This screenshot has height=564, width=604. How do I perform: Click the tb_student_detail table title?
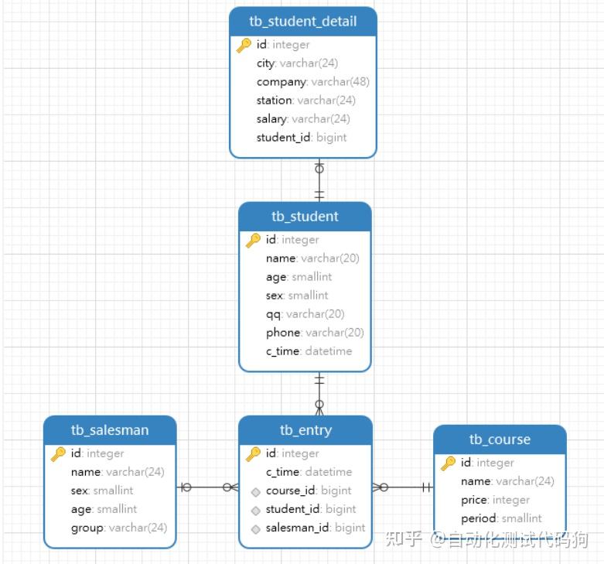pos(302,21)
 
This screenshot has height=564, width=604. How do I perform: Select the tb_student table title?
pos(305,216)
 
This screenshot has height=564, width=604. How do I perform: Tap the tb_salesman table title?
pos(110,430)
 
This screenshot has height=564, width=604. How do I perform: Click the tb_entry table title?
pos(305,430)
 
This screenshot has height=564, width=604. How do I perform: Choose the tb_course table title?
pos(500,439)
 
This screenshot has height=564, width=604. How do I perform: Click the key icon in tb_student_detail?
pos(244,45)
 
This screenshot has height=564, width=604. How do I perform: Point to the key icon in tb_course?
pos(448,463)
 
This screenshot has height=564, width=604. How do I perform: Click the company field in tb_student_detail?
pos(312,82)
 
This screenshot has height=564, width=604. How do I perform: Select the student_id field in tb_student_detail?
pos(302,138)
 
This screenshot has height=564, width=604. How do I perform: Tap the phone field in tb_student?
pos(315,333)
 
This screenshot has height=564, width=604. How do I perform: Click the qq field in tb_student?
pos(305,314)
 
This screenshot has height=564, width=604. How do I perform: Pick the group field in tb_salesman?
pos(119,528)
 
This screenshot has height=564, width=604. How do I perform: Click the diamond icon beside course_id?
pos(255,492)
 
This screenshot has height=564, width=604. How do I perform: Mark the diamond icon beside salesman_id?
pos(255,529)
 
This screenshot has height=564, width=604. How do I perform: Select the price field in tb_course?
pos(496,500)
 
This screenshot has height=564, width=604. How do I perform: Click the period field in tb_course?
pos(501,518)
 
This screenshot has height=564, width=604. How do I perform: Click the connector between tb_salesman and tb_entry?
pos(207,487)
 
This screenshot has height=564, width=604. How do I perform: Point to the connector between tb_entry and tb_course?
pos(403,487)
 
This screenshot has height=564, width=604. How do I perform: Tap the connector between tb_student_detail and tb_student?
pos(319,180)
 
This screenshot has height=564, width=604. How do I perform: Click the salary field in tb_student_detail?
pos(303,119)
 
